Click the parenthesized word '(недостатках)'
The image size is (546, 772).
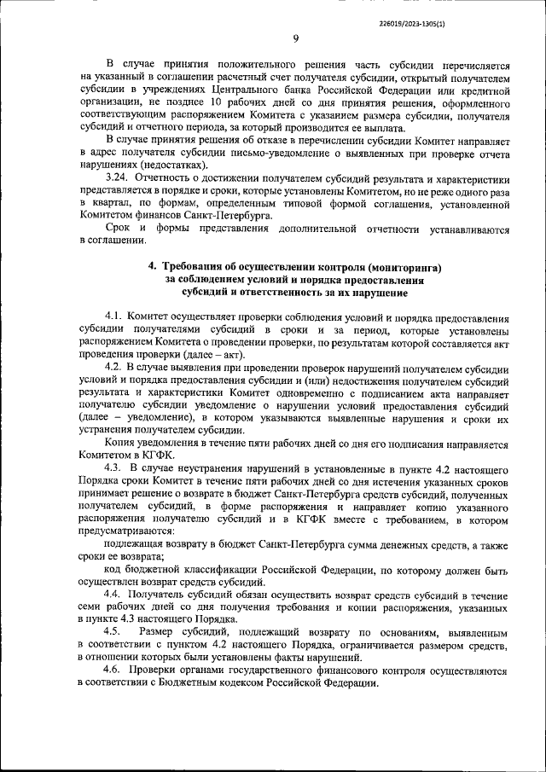175,165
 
